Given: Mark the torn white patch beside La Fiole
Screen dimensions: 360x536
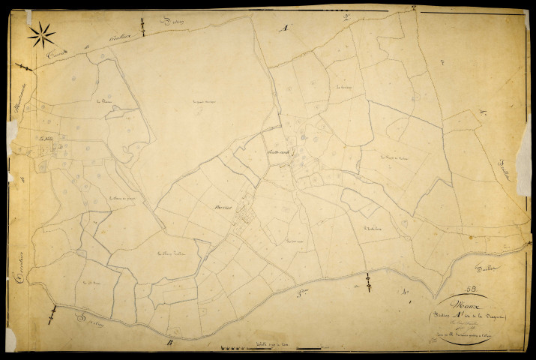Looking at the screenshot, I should pyautogui.click(x=13, y=132).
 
